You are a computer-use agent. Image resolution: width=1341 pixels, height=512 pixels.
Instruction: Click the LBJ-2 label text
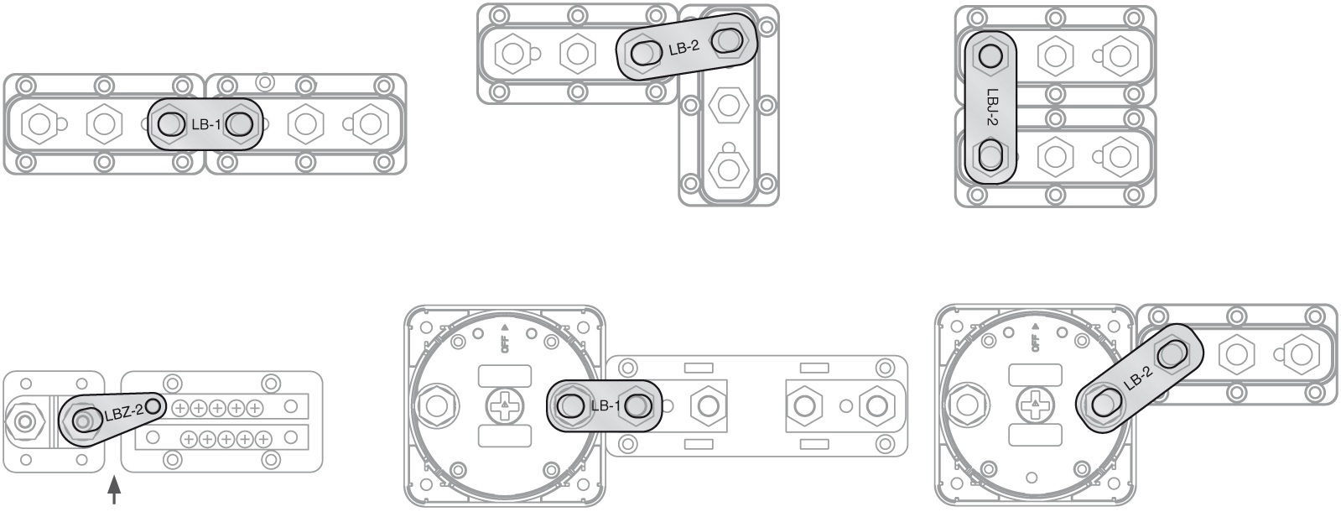tap(991, 107)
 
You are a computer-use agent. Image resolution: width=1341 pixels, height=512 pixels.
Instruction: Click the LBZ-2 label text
tap(124, 413)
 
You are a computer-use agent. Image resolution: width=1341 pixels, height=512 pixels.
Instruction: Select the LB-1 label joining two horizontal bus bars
tap(206, 124)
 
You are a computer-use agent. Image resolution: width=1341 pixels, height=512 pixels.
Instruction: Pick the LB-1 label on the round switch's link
tap(606, 406)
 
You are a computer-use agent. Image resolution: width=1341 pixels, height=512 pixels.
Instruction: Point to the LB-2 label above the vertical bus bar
tap(684, 48)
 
